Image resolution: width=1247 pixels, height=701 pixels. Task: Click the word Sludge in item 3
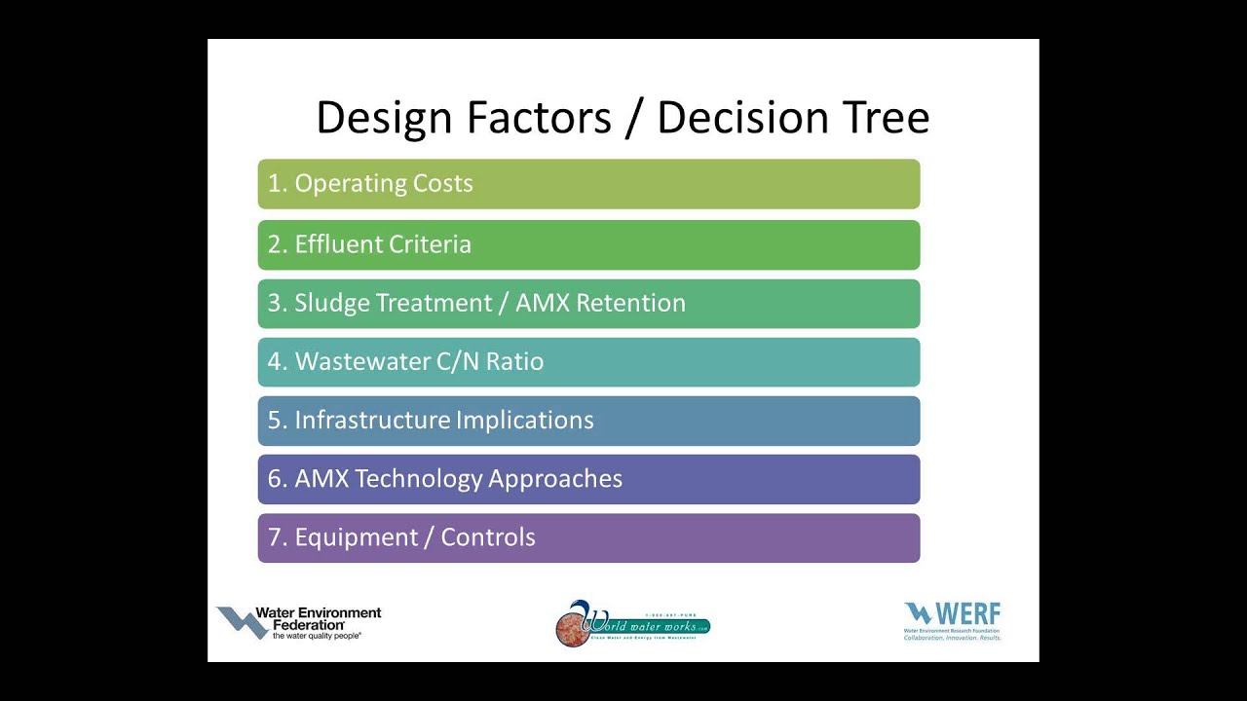pos(331,303)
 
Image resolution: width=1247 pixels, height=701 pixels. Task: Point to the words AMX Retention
pos(600,303)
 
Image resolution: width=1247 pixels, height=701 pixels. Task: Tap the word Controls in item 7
pos(488,536)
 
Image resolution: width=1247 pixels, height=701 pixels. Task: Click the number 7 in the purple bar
pos(275,536)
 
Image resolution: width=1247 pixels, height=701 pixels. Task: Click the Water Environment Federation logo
pos(299,622)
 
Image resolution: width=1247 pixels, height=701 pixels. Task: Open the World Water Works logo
pos(632,624)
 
